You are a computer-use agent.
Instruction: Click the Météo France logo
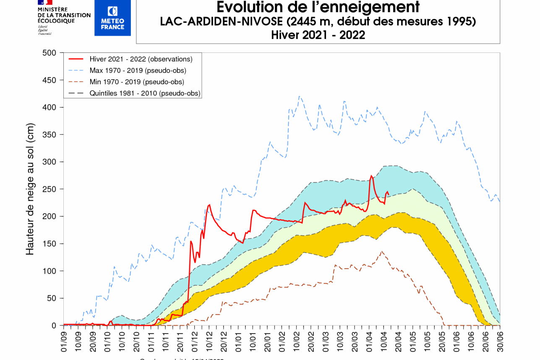112,18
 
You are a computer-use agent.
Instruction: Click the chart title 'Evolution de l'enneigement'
318,7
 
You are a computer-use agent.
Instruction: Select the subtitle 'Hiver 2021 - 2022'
318,35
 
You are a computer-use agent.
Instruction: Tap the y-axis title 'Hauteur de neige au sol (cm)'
30,189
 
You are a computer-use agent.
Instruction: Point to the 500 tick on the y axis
50,53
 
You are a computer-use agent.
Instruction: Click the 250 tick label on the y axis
50,189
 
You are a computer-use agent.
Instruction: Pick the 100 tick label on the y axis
50,271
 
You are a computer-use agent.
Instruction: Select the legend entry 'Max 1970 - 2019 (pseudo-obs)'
138,70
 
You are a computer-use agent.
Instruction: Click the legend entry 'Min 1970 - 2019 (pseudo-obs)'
137,82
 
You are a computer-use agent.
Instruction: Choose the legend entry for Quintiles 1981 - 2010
145,93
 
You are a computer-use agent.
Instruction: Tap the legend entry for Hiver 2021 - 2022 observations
141,59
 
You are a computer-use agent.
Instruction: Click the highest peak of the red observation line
371,176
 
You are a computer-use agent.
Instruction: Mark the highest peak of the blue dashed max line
299,96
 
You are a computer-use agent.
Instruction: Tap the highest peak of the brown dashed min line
381,251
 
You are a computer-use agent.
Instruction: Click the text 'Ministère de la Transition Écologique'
64,15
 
